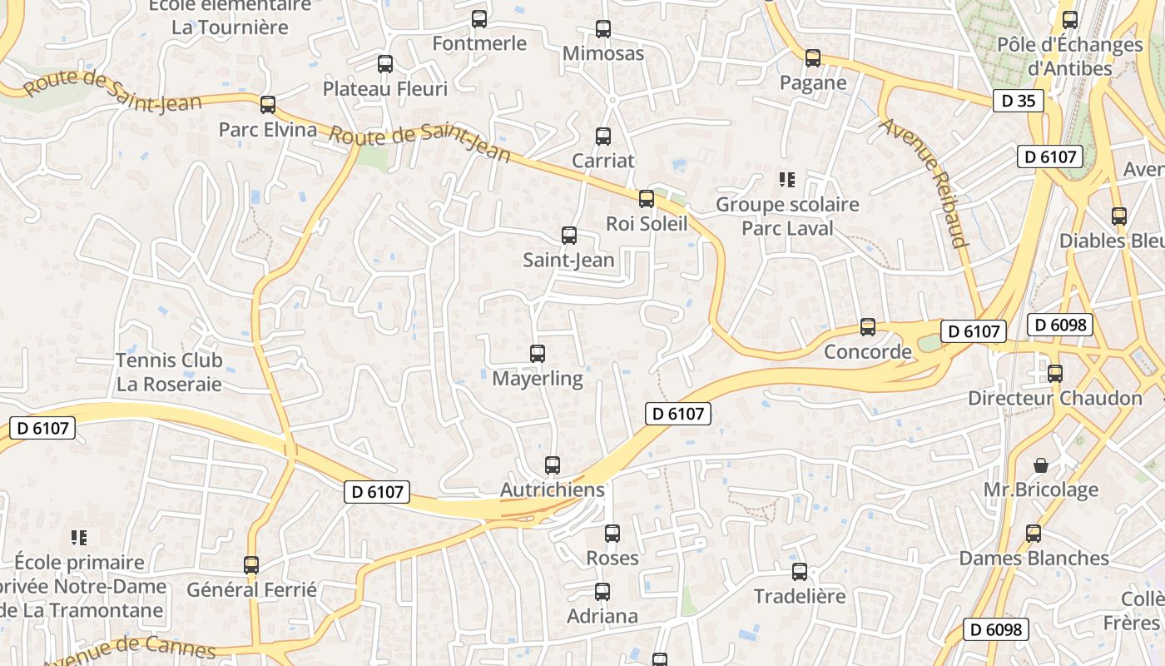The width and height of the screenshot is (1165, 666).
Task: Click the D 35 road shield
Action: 1018,101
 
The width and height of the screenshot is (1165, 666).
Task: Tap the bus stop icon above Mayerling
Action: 538,354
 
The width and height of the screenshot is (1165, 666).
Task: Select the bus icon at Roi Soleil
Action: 647,199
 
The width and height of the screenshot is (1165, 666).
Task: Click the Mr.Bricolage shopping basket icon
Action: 1040,465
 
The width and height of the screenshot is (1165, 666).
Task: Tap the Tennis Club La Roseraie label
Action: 169,372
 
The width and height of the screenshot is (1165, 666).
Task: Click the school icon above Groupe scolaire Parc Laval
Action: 786,179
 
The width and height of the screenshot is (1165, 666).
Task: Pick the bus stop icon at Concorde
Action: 868,327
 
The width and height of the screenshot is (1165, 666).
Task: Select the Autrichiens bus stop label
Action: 553,490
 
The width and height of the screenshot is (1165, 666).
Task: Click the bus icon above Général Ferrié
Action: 251,565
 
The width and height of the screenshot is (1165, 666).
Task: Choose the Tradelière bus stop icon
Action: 800,572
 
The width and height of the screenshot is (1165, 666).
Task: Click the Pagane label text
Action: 813,82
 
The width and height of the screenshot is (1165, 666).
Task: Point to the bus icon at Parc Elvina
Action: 268,105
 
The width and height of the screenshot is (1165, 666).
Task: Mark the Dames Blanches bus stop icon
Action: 1034,534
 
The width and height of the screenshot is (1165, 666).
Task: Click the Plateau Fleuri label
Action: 385,88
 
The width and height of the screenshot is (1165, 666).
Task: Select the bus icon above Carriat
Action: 603,137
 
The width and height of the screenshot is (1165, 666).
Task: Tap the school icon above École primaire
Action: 79,538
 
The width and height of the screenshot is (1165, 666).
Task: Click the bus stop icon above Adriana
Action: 602,592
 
